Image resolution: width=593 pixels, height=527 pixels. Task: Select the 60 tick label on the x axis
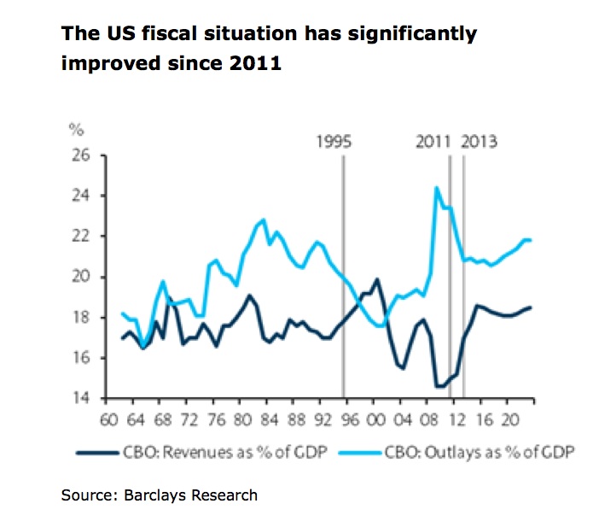pyautogui.click(x=108, y=420)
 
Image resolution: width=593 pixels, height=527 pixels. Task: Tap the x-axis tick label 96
pyautogui.click(x=348, y=420)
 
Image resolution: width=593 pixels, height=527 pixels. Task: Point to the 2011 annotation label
pyautogui.click(x=434, y=142)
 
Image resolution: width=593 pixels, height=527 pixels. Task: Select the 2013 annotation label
pyautogui.click(x=480, y=142)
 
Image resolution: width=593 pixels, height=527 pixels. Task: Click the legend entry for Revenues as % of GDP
pyautogui.click(x=196, y=451)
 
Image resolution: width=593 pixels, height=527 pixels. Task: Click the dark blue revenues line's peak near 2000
pyautogui.click(x=376, y=278)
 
